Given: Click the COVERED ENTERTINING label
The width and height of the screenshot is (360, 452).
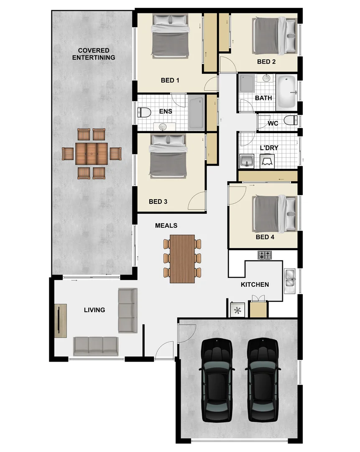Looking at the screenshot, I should pyautogui.click(x=94, y=54).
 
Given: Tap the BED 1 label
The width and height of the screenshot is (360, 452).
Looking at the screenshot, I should pyautogui.click(x=170, y=80).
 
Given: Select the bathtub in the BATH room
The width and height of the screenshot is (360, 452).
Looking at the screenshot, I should pyautogui.click(x=286, y=91).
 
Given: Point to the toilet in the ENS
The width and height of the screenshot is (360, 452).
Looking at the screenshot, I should pyautogui.click(x=144, y=112).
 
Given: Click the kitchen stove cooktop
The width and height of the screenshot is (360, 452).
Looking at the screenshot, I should pyautogui.click(x=265, y=254).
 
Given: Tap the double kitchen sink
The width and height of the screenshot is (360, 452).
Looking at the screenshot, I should pyautogui.click(x=289, y=280).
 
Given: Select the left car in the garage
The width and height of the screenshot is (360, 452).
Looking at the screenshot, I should pyautogui.click(x=217, y=380).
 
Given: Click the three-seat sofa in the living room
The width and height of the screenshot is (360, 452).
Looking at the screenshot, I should pyautogui.click(x=96, y=346).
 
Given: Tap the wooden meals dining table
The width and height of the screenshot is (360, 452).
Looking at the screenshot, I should pyautogui.click(x=183, y=258).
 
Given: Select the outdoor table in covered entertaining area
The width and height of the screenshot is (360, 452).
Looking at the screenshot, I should pyautogui.click(x=92, y=154).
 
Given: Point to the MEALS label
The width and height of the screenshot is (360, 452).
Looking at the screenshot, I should pyautogui.click(x=166, y=226).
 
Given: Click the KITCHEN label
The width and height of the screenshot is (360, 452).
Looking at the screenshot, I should pyautogui.click(x=255, y=285).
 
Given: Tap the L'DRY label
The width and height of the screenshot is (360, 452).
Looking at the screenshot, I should pyautogui.click(x=269, y=148).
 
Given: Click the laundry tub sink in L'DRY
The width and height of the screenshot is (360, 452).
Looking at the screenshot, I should pyautogui.click(x=247, y=160).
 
